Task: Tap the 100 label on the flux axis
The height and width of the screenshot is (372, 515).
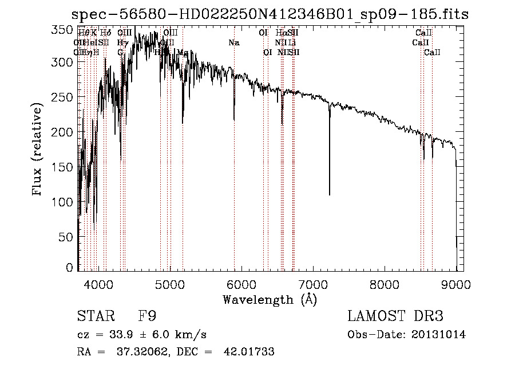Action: coord(65,202)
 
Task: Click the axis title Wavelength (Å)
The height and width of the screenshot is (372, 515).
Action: coord(270,299)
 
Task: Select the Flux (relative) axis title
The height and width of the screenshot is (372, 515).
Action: coord(38,150)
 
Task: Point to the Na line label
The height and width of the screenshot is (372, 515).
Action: coord(234,42)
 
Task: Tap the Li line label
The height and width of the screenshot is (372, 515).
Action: coord(292,42)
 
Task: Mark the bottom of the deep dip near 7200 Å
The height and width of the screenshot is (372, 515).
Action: coord(330,194)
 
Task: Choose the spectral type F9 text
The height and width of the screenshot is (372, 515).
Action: coord(148,316)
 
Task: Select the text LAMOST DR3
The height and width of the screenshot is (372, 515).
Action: coord(395,316)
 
